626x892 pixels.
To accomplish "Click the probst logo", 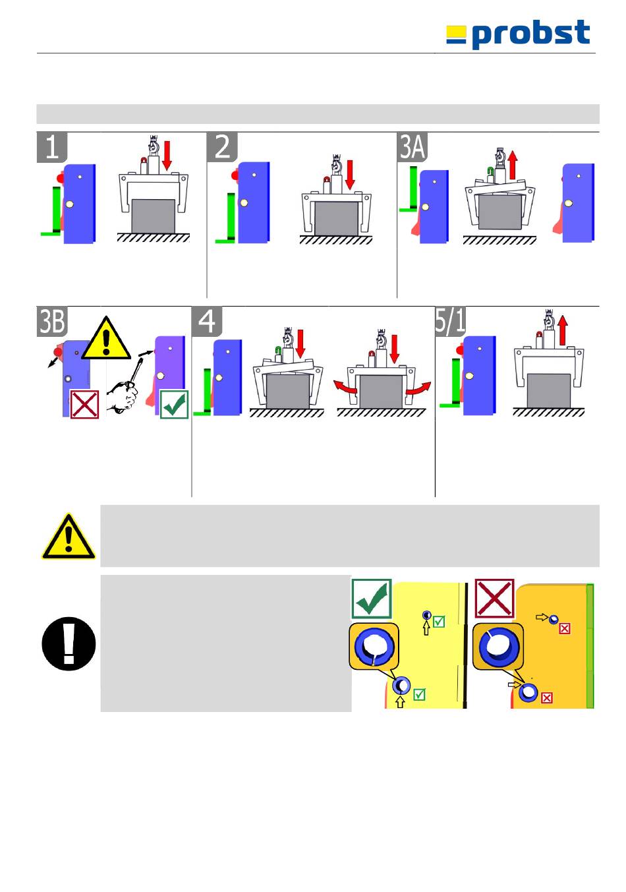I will tap(517, 34).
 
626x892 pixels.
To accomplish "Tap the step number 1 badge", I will tap(52, 146).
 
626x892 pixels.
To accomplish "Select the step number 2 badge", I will tap(222, 146).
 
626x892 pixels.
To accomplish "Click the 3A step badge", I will tap(413, 146).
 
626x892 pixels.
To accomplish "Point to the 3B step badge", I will tap(52, 321).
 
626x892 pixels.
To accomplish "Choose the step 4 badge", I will tap(207, 321).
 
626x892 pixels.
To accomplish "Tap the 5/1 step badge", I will tap(450, 321).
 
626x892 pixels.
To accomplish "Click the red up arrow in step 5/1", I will tap(562, 330).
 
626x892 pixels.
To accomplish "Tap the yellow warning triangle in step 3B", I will tap(106, 338).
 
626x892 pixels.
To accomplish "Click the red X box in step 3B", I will tap(84, 403).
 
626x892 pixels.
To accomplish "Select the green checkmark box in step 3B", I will tap(174, 404).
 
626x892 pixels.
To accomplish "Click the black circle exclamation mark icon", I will tap(69, 643).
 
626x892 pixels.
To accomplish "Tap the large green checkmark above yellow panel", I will tap(372, 599).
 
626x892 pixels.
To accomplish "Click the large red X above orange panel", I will tap(494, 599).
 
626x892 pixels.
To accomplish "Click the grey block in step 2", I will tap(336, 218).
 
